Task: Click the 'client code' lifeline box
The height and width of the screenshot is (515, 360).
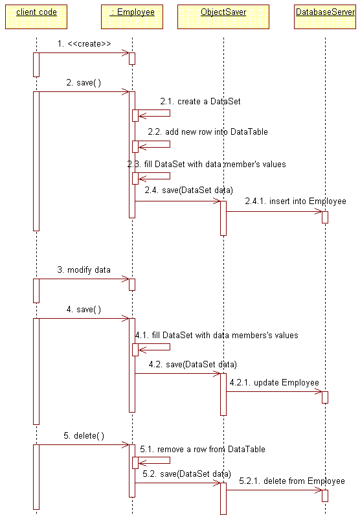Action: [36, 17]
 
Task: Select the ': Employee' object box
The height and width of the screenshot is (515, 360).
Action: [132, 17]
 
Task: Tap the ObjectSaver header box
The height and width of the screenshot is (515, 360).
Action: [223, 17]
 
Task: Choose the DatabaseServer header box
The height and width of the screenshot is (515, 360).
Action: [325, 17]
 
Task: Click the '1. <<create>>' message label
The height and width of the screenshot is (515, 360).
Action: [84, 43]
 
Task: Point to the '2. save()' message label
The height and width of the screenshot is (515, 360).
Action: [84, 82]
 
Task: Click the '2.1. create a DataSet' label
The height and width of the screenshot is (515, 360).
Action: [200, 101]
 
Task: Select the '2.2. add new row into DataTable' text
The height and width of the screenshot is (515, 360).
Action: [208, 132]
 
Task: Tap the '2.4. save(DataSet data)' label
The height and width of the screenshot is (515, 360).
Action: [188, 190]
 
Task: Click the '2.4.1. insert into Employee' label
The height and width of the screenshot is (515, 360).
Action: [295, 201]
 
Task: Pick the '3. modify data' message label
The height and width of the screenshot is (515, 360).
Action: [84, 269]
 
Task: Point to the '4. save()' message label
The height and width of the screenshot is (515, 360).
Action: [84, 310]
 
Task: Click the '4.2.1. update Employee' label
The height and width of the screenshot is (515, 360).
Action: [274, 383]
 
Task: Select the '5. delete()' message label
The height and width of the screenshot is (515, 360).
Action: [84, 435]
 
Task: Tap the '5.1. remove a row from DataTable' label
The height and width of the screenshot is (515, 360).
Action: [203, 449]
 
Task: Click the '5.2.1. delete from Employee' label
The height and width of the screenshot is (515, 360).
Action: [292, 481]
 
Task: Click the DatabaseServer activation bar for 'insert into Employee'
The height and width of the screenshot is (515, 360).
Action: [325, 218]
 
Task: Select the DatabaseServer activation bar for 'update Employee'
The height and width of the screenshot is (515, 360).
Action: [325, 397]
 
